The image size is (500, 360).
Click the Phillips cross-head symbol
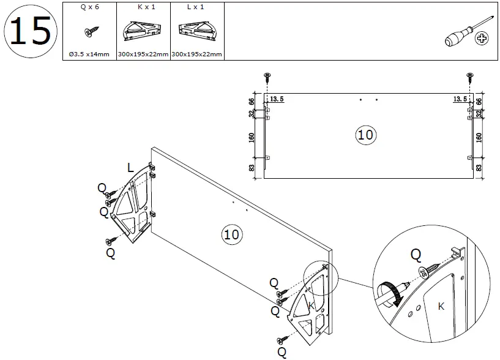pyautogui.click(x=483, y=40)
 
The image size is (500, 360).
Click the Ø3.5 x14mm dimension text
pyautogui.click(x=89, y=54)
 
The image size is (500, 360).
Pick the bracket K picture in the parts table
pyautogui.click(x=143, y=32)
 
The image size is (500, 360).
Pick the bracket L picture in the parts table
pyautogui.click(x=197, y=32)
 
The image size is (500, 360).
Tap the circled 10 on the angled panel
pyautogui.click(x=231, y=233)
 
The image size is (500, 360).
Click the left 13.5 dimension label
pyautogui.click(x=277, y=99)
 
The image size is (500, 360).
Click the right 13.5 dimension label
pyautogui.click(x=461, y=99)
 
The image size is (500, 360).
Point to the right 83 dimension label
pyautogui.click(x=479, y=167)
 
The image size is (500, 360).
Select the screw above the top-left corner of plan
pyautogui.click(x=267, y=77)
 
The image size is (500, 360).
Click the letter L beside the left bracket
pyautogui.click(x=130, y=167)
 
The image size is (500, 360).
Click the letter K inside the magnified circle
pyautogui.click(x=441, y=306)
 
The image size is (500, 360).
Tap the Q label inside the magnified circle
pyautogui.click(x=416, y=253)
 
